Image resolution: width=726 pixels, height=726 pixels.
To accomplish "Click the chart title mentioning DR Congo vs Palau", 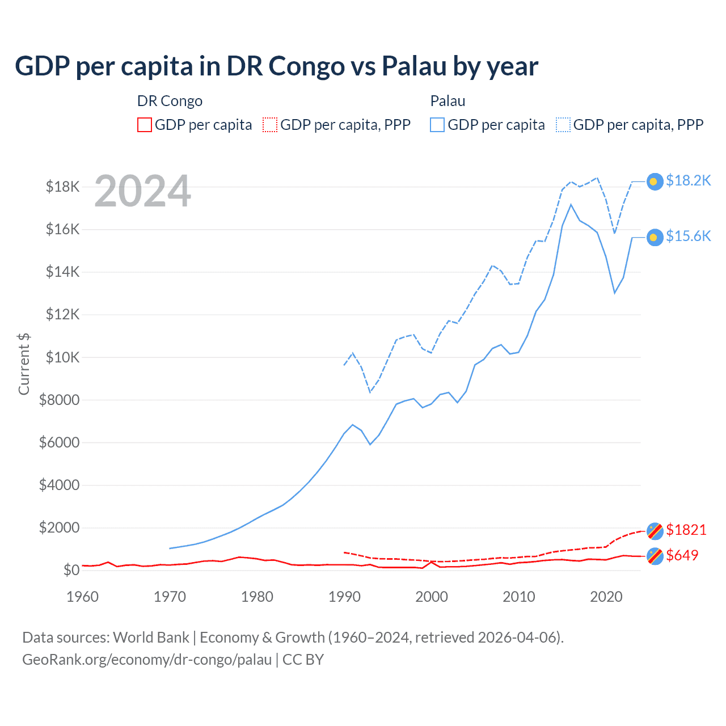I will [276, 66].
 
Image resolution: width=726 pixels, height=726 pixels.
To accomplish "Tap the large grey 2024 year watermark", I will [142, 191].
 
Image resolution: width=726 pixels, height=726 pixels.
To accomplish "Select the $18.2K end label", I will [688, 180].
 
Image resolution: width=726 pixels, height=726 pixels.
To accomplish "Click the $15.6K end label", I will [688, 236].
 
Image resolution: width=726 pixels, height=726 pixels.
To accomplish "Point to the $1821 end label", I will [686, 530].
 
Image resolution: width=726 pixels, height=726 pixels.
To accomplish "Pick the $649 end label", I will [682, 555].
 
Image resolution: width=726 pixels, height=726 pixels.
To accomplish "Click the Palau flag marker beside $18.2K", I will [655, 181].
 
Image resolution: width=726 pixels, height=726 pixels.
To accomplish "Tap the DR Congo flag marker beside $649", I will [655, 556].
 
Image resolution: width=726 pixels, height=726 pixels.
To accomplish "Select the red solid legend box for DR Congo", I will [145, 125].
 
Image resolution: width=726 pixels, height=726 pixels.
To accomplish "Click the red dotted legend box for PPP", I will [271, 125].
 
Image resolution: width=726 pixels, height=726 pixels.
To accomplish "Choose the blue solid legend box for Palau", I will [437, 125].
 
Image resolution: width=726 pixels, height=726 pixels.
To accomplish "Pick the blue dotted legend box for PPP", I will [563, 125].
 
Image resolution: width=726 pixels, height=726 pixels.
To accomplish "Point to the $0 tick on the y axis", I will [71, 570].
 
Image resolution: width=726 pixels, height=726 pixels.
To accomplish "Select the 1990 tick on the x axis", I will [344, 597].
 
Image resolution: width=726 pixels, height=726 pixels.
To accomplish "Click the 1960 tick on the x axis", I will [83, 597].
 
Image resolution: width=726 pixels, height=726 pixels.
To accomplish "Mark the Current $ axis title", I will [24, 364].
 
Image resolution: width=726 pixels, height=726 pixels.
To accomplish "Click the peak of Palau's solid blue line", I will [571, 204].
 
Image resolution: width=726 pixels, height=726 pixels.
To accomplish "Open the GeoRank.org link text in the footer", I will [147, 660].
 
